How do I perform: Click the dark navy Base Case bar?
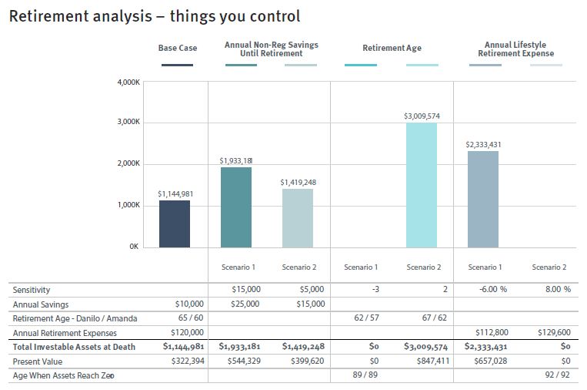174,224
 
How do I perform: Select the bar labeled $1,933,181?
236,207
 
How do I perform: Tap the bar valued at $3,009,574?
422,185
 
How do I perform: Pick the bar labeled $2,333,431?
483,199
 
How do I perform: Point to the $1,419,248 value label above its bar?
299,183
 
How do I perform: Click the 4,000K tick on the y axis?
128,82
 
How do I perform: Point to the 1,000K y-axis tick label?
128,205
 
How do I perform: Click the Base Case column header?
178,48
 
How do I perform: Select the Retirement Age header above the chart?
392,48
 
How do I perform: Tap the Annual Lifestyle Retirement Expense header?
515,49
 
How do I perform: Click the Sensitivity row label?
32,290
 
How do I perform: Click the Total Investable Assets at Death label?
74,347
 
